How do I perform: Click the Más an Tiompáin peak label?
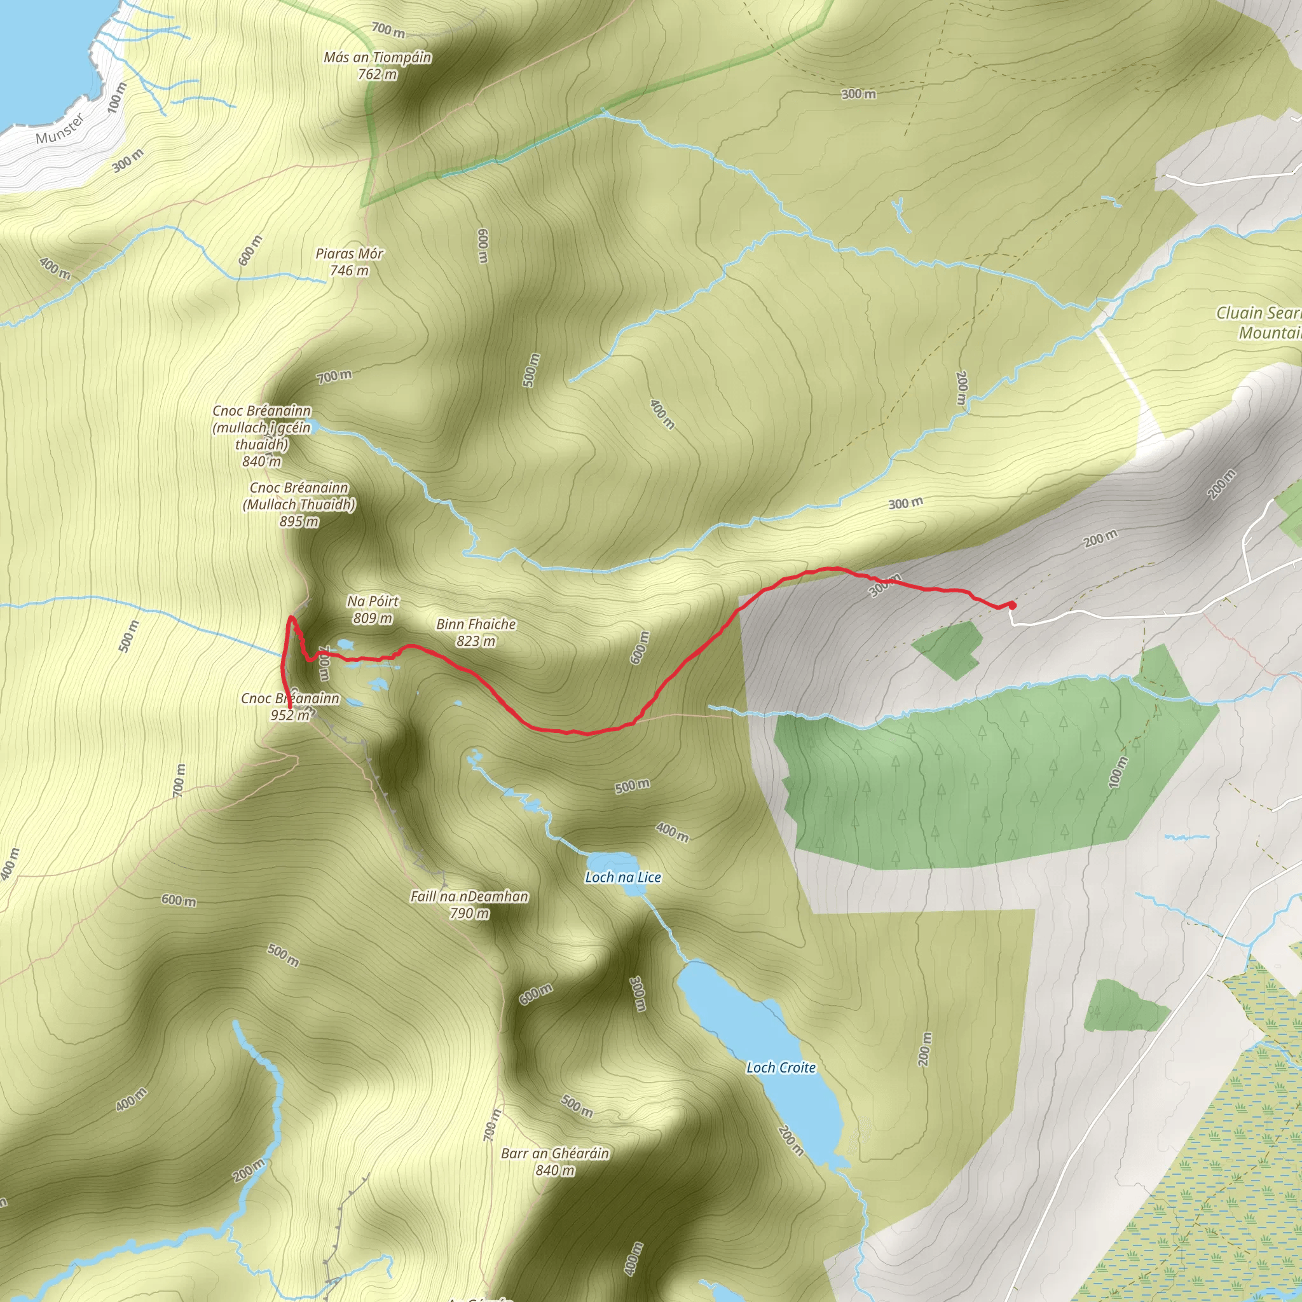(x=378, y=58)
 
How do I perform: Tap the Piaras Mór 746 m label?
(x=349, y=261)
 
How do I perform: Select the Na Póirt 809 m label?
(x=373, y=609)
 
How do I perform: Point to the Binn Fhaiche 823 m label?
(x=476, y=632)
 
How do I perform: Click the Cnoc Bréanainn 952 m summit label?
(x=291, y=706)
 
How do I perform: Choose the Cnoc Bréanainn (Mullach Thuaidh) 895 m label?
(x=299, y=504)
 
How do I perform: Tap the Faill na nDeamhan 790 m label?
(x=469, y=905)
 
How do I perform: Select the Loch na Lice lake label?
(x=622, y=877)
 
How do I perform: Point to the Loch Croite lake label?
(x=781, y=1067)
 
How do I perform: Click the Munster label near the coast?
(x=60, y=128)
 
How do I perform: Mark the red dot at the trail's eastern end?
(x=1011, y=605)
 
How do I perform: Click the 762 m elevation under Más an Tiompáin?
(x=378, y=74)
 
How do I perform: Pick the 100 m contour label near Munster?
(x=117, y=97)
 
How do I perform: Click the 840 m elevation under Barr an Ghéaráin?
(x=554, y=1170)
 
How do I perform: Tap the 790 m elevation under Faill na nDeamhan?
(x=469, y=913)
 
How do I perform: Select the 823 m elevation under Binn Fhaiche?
(x=476, y=641)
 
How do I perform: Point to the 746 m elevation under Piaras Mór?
(x=349, y=270)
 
